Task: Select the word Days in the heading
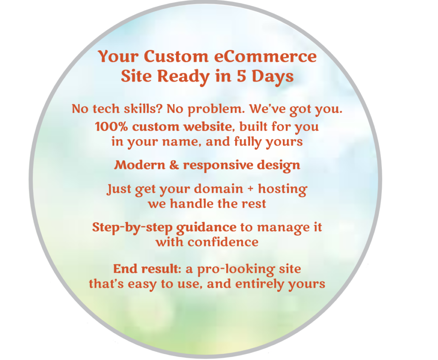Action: (x=273, y=77)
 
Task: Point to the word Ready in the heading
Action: (x=183, y=77)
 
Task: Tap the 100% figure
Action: (x=111, y=127)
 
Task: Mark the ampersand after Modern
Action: (x=174, y=165)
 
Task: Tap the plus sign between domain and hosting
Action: (x=250, y=189)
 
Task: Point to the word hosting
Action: (x=282, y=189)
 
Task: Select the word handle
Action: (x=192, y=203)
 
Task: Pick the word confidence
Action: (x=223, y=242)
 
